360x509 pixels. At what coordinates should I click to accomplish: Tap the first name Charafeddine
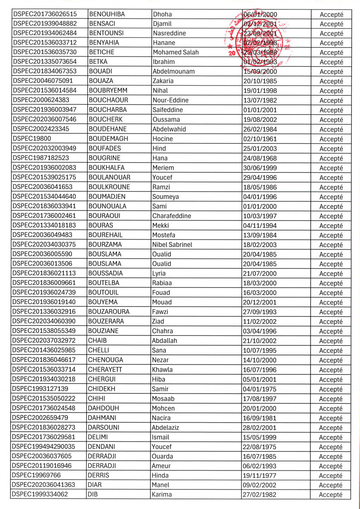171,216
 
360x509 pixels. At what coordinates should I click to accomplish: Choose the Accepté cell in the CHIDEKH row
331,389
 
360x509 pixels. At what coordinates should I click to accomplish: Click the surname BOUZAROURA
109,312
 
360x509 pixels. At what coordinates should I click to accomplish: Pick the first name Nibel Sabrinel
172,245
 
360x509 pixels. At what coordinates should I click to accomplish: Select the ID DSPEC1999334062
41,494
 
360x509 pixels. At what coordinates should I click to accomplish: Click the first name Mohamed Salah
175,53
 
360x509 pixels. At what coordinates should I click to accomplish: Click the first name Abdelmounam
174,72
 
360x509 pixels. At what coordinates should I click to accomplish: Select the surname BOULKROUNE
109,187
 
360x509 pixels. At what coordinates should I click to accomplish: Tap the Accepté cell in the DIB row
331,494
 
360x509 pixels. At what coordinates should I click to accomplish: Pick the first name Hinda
161,475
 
